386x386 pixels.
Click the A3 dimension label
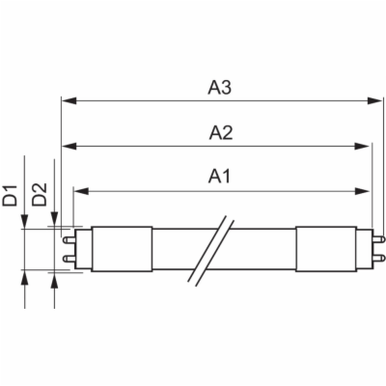(x=220, y=88)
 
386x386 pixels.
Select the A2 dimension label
(x=221, y=133)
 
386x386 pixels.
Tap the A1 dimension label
(x=220, y=177)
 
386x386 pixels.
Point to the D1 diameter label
(x=10, y=195)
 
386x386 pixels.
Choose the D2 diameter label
(x=40, y=194)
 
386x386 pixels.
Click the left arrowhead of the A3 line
(x=69, y=101)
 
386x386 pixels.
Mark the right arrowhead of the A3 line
(x=374, y=101)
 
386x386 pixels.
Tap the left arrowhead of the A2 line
(x=69, y=147)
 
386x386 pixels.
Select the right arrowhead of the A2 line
(x=362, y=147)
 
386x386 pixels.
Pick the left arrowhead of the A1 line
(x=81, y=191)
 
